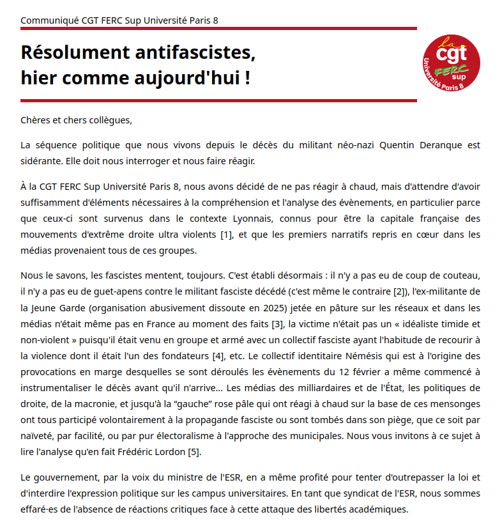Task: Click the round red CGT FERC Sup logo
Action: [x=452, y=62]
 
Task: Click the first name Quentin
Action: [x=397, y=145]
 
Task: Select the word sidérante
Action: [x=41, y=160]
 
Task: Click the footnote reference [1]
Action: [x=226, y=235]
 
